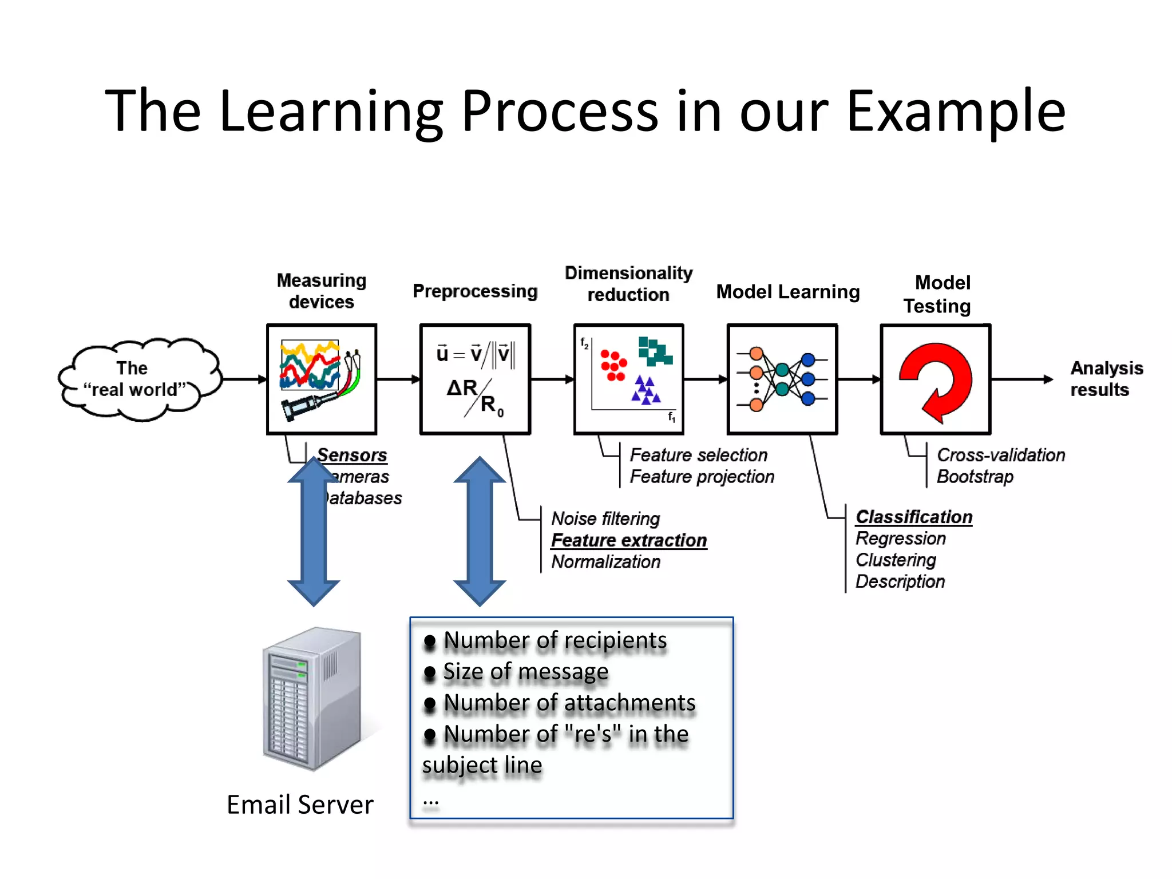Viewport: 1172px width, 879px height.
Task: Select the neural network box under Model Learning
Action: click(x=782, y=379)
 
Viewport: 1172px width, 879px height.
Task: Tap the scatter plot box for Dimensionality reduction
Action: click(x=628, y=379)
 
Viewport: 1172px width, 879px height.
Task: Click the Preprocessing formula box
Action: click(x=475, y=379)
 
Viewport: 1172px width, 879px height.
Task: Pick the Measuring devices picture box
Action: click(x=322, y=379)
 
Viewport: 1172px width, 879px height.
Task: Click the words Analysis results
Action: click(x=1106, y=379)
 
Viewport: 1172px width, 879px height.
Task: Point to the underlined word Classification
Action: click(x=914, y=517)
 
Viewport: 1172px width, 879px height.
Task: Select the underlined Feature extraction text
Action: click(x=629, y=540)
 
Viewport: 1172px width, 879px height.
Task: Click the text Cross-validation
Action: click(x=1000, y=455)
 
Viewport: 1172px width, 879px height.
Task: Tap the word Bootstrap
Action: click(x=975, y=477)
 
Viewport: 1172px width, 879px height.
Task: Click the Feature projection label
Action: click(x=702, y=477)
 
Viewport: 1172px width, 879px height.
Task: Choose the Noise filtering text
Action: click(x=605, y=518)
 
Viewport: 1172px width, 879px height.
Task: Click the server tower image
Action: click(x=312, y=698)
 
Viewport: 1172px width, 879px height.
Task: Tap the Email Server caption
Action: click(x=300, y=805)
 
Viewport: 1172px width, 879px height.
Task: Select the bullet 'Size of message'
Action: click(x=525, y=672)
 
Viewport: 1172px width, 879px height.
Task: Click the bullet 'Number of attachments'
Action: click(x=569, y=703)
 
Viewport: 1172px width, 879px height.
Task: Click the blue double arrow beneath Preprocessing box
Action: click(x=480, y=531)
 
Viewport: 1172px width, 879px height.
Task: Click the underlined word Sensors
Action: click(x=353, y=455)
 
